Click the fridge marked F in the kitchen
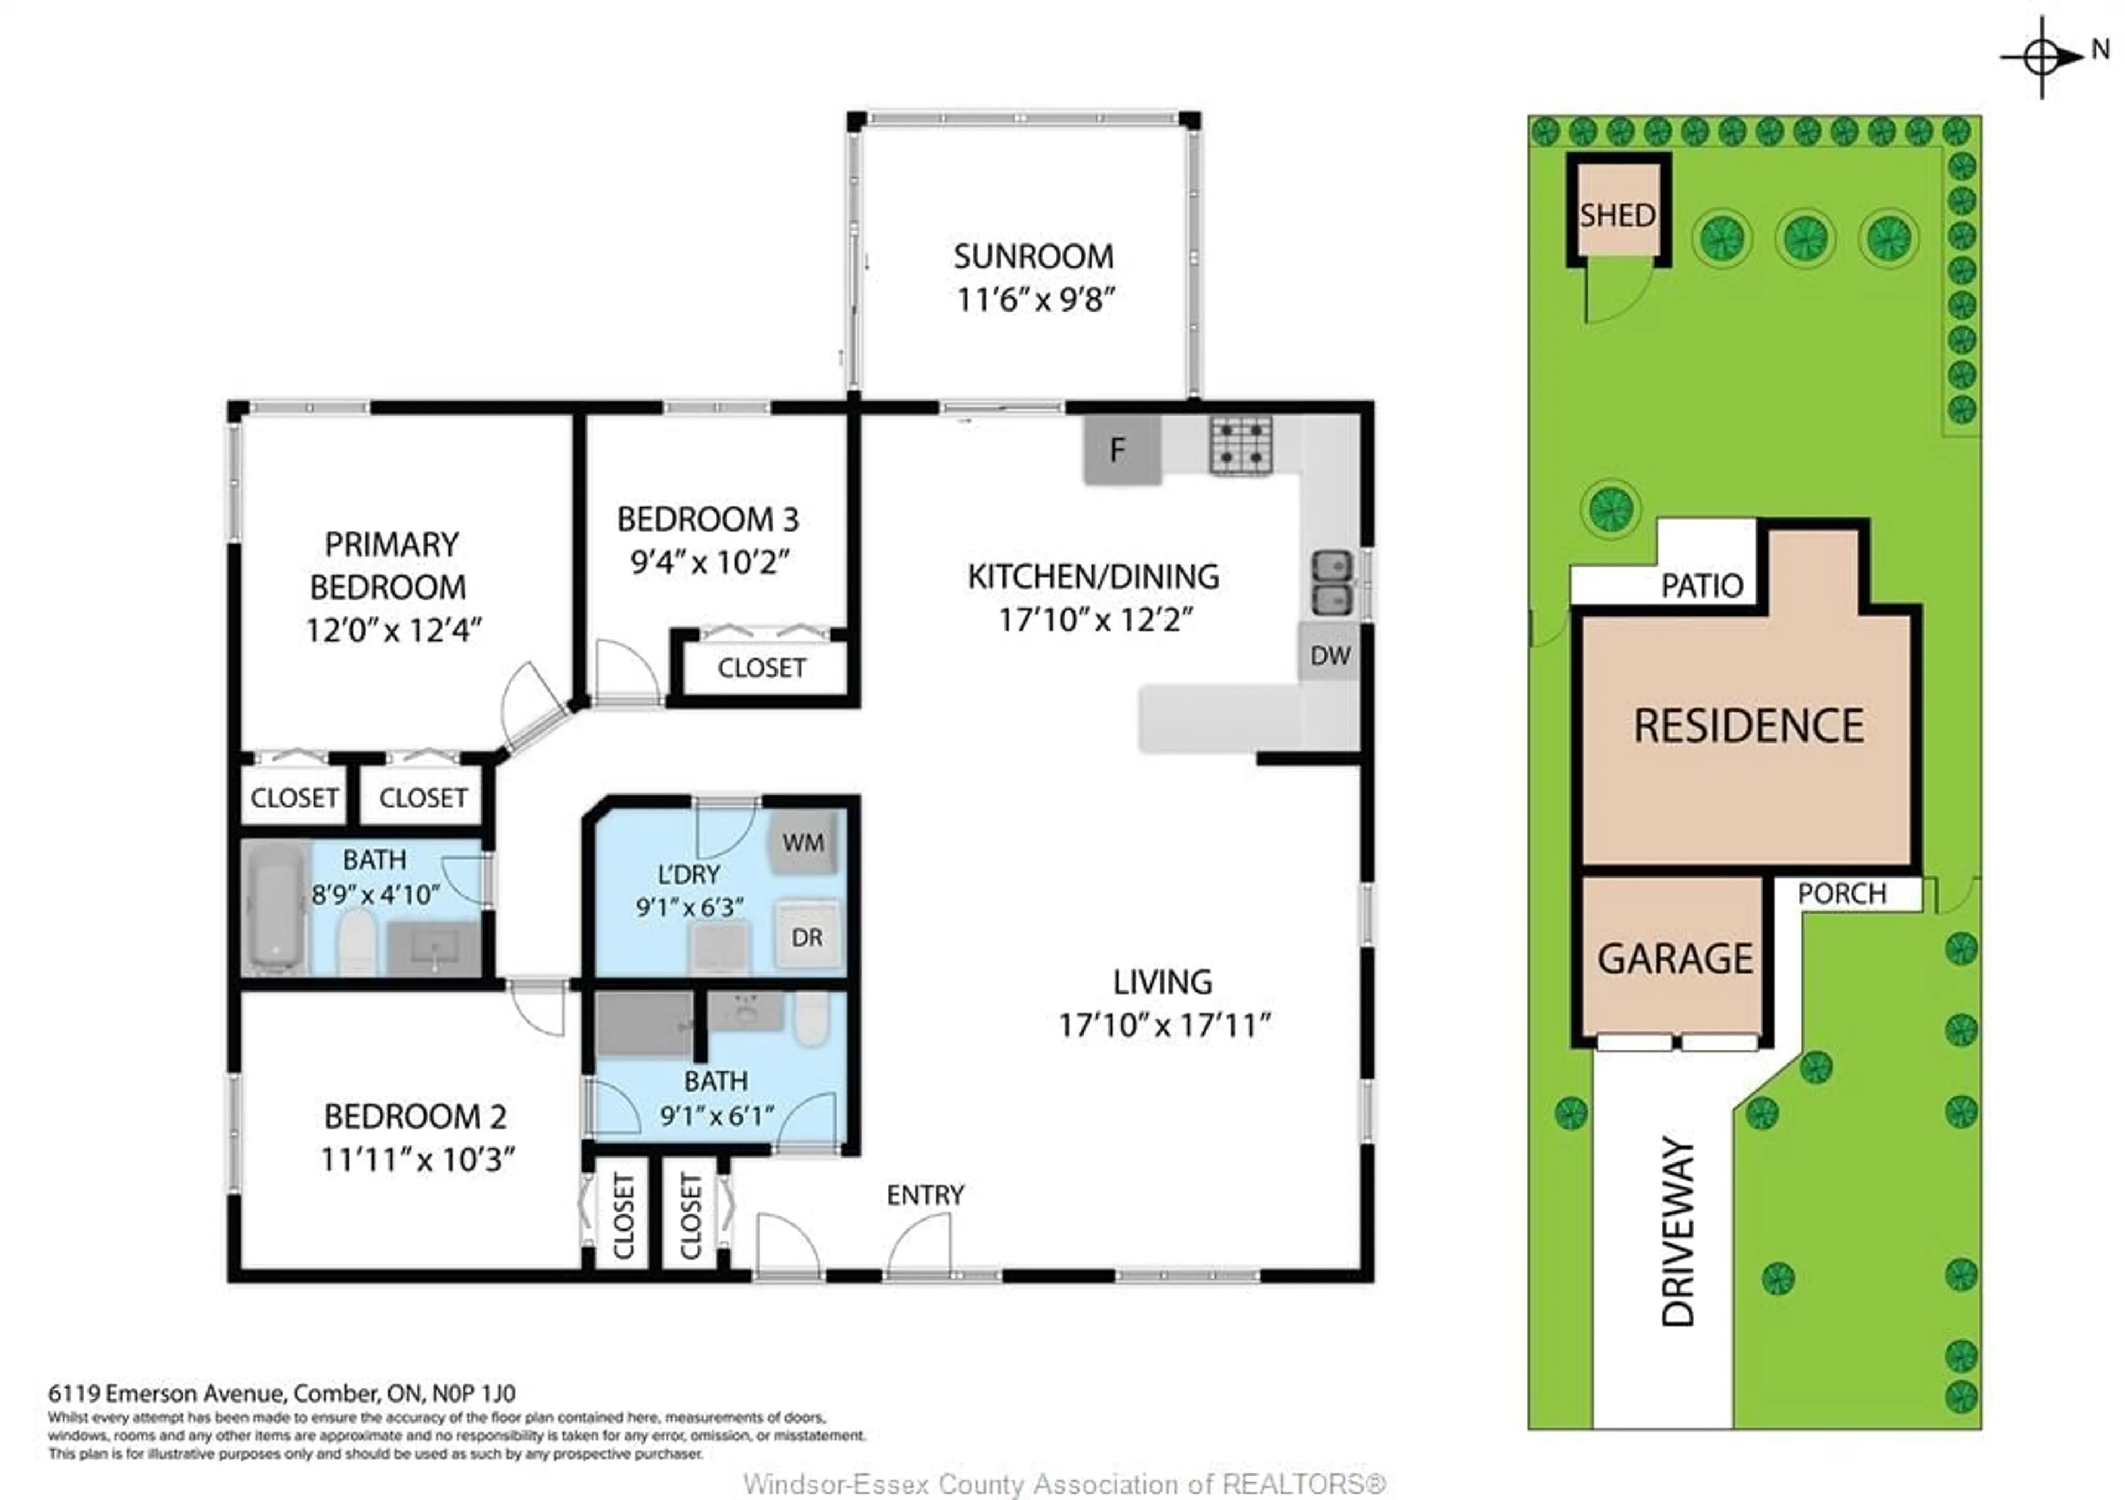point(1121,450)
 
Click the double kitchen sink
point(1332,583)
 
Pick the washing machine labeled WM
point(802,842)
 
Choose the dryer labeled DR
point(806,936)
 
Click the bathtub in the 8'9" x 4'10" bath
point(276,907)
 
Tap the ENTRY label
point(925,1195)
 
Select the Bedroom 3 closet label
point(761,667)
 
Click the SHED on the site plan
point(1617,215)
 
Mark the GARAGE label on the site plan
point(1675,958)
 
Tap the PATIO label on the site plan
point(1701,585)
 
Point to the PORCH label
point(1841,893)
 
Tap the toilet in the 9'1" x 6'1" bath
point(812,1019)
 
